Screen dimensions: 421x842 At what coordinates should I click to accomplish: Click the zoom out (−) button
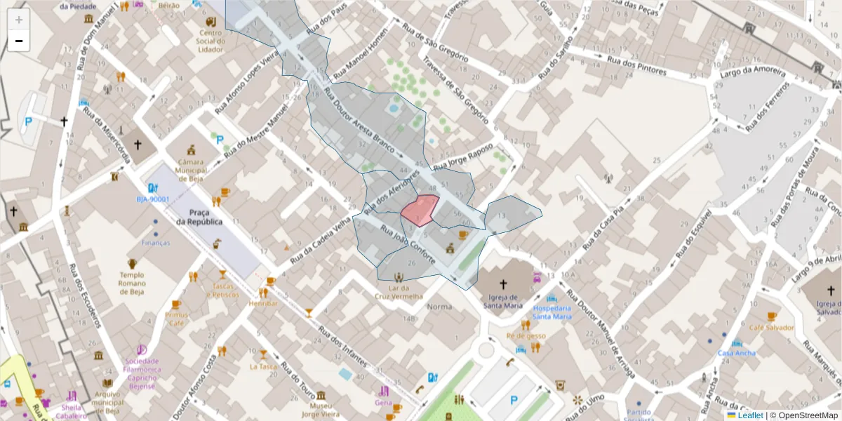coord(19,41)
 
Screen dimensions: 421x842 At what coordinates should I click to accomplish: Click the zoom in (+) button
coord(19,20)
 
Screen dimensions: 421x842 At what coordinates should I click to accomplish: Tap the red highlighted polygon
coord(420,210)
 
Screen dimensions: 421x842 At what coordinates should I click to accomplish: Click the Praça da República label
coord(199,217)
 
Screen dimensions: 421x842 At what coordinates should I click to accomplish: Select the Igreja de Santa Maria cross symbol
coord(503,284)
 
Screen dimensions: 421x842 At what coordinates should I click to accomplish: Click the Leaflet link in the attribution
coord(749,415)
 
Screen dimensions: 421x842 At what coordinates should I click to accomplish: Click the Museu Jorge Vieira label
coord(320,410)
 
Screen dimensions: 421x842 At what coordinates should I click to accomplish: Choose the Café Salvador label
coord(771,328)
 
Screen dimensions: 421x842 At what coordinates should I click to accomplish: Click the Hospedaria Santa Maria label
coord(552,312)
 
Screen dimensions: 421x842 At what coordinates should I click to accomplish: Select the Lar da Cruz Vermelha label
coord(399,292)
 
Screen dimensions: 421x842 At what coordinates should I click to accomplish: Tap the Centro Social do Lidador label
coord(211,41)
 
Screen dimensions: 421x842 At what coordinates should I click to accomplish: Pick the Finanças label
coord(156,243)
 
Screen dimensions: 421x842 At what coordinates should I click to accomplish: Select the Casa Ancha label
coord(737,353)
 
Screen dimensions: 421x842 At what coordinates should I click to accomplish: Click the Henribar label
coord(263,303)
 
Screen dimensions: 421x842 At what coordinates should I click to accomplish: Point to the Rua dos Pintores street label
coord(637,66)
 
